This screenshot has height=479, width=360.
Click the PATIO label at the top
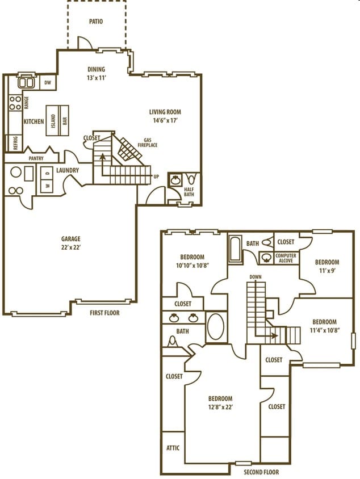96,22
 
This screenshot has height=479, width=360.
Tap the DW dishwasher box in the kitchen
49,83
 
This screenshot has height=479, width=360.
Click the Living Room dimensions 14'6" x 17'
165,120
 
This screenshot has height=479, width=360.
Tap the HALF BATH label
189,192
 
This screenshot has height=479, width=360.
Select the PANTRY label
36,158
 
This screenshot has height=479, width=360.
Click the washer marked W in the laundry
47,186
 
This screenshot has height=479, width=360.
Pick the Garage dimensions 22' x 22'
71,248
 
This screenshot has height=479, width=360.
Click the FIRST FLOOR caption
104,313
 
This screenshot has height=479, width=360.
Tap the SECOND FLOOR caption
261,472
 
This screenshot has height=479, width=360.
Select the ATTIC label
173,448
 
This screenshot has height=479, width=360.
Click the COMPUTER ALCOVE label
286,258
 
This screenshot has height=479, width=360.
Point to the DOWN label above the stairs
255,277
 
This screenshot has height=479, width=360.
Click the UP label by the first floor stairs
156,177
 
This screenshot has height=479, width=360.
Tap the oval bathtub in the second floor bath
216,327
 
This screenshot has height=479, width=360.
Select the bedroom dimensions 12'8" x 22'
220,406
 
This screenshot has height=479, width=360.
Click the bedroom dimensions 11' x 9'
327,271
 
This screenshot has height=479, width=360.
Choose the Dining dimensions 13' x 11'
96,77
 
